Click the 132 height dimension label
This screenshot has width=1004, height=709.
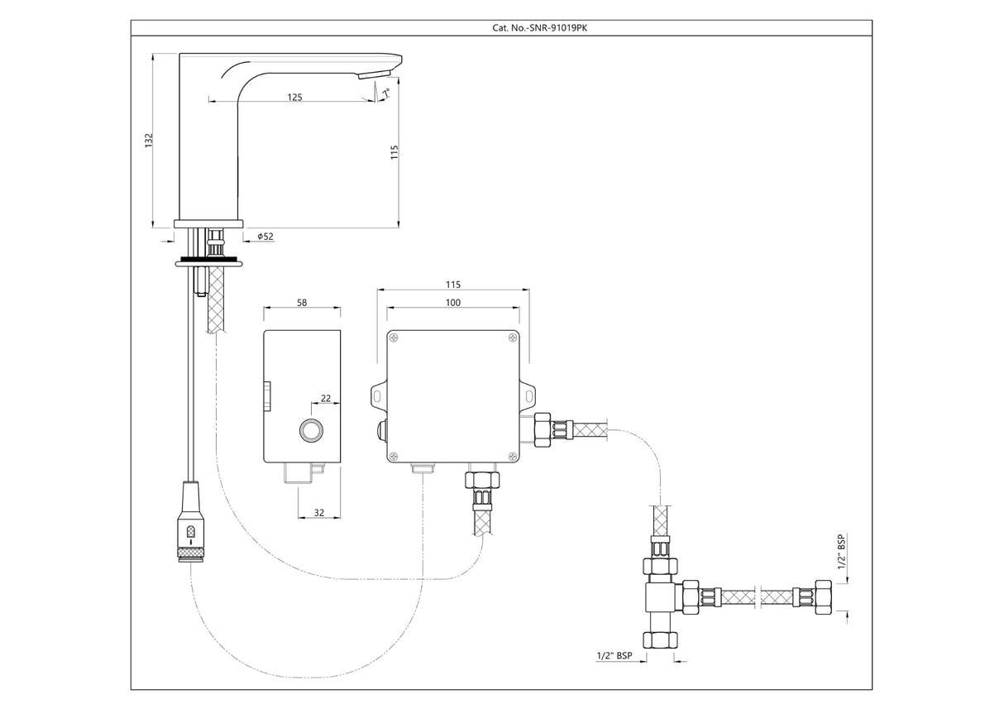(x=149, y=141)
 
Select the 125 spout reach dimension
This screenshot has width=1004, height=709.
(x=294, y=97)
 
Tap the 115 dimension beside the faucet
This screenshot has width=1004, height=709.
(x=394, y=154)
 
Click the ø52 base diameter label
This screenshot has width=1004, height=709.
(x=265, y=237)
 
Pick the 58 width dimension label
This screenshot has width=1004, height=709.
(x=301, y=303)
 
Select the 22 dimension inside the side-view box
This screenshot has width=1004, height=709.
(x=326, y=398)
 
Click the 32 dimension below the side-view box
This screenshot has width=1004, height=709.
(x=318, y=513)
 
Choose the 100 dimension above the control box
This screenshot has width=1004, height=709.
(x=453, y=303)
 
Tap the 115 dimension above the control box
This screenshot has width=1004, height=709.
(x=453, y=284)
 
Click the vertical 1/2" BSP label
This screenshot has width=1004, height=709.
(x=842, y=552)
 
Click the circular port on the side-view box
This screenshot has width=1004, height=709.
(x=313, y=430)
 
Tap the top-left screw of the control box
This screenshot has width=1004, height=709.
(x=394, y=337)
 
